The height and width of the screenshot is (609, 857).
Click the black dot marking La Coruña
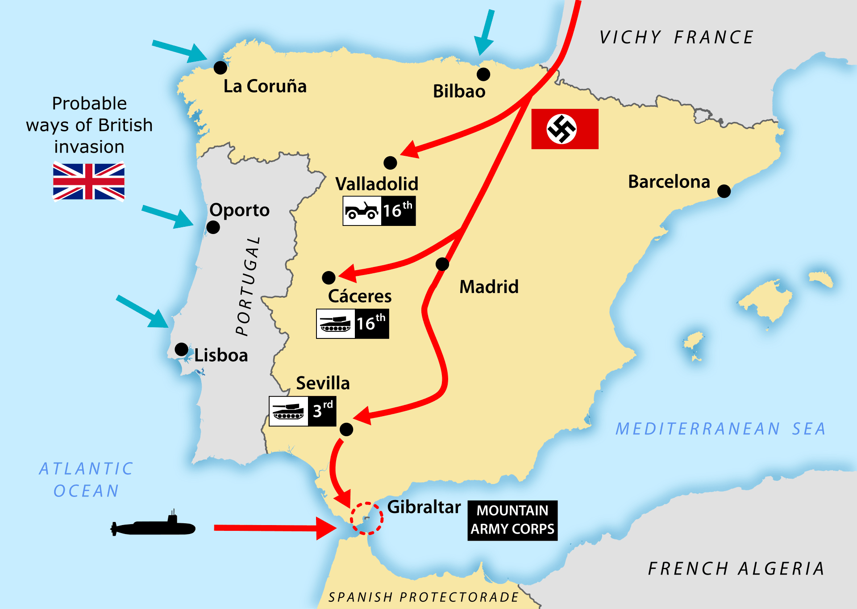click(220, 68)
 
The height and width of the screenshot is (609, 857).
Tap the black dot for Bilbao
click(483, 74)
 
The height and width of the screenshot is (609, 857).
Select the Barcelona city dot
click(724, 192)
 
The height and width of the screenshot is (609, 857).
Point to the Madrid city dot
click(442, 264)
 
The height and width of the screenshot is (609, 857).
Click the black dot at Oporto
click(213, 228)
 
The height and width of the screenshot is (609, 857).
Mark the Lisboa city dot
click(182, 349)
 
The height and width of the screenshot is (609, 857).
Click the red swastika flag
click(565, 129)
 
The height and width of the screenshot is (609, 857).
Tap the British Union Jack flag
click(89, 181)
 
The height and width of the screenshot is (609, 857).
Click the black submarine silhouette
click(153, 527)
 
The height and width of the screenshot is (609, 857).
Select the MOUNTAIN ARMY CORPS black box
click(512, 520)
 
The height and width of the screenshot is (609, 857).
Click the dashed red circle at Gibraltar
click(366, 518)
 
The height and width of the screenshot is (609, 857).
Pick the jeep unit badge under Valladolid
click(379, 211)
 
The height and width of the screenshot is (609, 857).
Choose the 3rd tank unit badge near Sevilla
click(302, 411)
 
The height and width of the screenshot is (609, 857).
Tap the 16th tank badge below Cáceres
click(352, 324)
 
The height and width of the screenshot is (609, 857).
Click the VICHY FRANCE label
click(676, 38)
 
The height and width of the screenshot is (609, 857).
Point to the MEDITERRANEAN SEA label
click(720, 429)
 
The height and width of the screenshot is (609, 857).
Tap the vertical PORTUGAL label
click(248, 286)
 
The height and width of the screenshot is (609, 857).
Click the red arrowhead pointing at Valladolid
click(410, 149)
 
